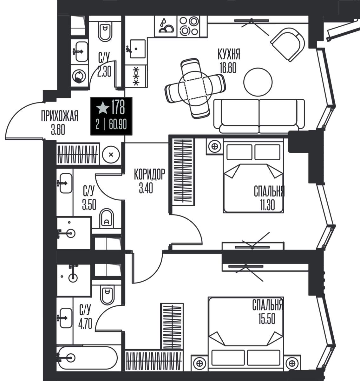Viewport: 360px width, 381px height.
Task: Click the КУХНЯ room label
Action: [x=229, y=54]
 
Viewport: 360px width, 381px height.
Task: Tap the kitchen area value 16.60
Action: [x=228, y=68]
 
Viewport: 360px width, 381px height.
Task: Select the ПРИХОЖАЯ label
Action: [x=60, y=116]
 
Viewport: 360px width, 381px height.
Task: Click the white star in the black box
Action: [x=103, y=108]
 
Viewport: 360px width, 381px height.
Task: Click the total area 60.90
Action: [x=118, y=124]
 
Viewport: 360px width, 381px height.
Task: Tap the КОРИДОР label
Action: [x=149, y=174]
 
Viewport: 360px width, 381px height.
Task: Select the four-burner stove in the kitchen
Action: [x=189, y=26]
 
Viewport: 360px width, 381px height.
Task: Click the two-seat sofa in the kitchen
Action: [x=259, y=116]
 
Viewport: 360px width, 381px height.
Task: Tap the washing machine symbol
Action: [x=79, y=77]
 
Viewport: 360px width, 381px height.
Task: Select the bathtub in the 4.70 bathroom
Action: [x=87, y=357]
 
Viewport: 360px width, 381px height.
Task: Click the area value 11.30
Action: [x=267, y=205]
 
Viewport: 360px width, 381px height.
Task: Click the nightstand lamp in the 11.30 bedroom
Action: [x=214, y=146]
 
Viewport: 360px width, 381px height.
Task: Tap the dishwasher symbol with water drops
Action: [x=166, y=26]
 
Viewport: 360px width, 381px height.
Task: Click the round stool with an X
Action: [x=111, y=154]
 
